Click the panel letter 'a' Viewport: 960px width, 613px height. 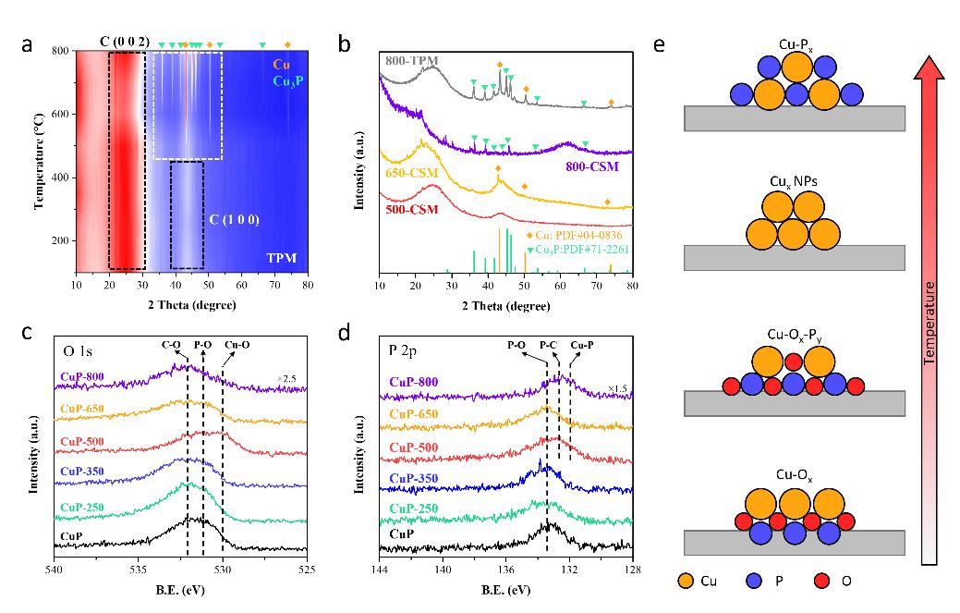(x=41, y=43)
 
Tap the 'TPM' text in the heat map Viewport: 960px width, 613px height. (x=280, y=256)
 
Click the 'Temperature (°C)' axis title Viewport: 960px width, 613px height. (x=41, y=160)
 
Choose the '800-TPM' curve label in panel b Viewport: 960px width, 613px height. (x=412, y=61)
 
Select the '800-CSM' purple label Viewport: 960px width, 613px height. (x=593, y=167)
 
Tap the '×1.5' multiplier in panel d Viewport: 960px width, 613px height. (x=617, y=388)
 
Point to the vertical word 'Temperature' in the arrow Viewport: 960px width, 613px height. (x=935, y=341)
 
